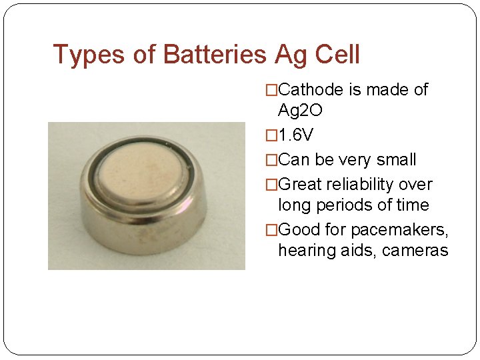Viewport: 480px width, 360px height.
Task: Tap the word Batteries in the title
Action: coord(214,55)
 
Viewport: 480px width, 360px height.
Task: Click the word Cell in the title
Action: coord(337,55)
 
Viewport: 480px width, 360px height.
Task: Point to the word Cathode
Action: coord(311,90)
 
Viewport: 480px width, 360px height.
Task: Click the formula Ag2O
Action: coord(300,111)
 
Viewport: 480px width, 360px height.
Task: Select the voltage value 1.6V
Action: coord(295,135)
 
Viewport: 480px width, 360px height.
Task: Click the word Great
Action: coord(300,185)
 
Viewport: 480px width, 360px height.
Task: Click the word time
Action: coord(413,205)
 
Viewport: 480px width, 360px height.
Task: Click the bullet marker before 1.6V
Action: coord(271,135)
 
